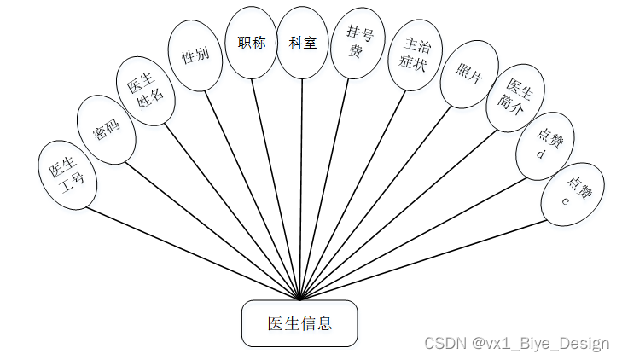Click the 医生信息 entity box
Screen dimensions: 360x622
click(x=299, y=323)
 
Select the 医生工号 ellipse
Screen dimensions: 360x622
click(x=67, y=173)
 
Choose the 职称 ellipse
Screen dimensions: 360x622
click(x=251, y=43)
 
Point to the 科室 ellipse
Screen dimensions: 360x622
click(x=303, y=43)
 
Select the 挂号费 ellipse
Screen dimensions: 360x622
click(x=356, y=44)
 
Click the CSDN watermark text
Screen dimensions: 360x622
click(x=517, y=343)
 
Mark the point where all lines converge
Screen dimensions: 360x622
click(x=300, y=299)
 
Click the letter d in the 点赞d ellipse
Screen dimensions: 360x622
click(x=541, y=154)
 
